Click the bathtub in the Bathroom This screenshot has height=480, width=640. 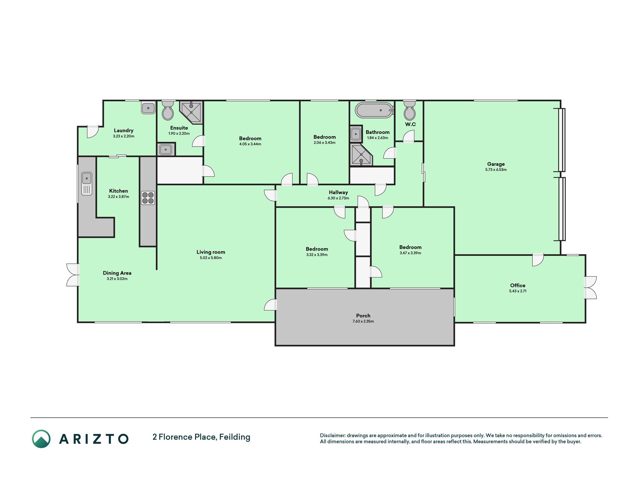375,110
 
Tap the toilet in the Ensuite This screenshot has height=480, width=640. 168,110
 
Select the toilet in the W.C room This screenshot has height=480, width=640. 409,110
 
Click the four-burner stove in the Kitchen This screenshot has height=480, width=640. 148,198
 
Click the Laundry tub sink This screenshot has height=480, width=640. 148,108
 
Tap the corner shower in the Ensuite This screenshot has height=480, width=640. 191,112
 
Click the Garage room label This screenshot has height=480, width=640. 496,164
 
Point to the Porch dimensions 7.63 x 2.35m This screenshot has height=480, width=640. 363,321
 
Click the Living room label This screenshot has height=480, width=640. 211,252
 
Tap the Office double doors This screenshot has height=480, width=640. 591,288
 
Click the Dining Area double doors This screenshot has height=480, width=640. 73,275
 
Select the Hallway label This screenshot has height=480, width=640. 338,192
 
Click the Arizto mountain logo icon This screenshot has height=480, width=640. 41,439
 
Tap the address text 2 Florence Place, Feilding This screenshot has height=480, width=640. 201,437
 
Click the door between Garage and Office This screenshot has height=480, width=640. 538,260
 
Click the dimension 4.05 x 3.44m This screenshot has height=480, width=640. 250,144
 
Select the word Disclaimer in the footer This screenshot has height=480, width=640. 332,435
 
